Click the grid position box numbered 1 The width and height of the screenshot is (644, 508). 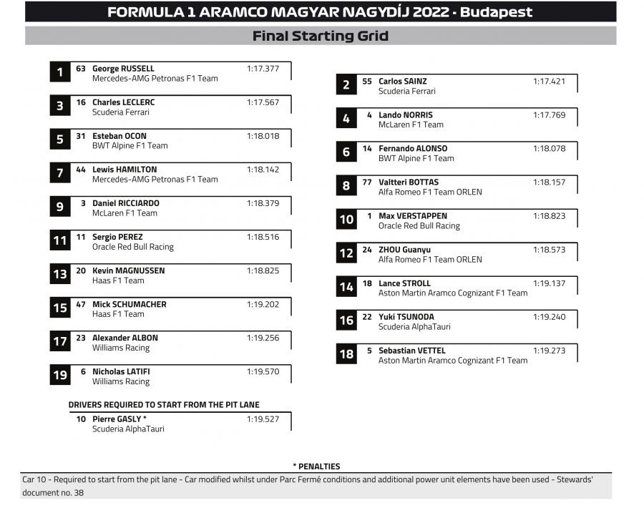tap(59, 72)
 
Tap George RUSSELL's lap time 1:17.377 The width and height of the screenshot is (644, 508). tap(263, 69)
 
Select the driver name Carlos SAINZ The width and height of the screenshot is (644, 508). tap(402, 82)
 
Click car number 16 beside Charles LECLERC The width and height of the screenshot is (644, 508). tap(81, 102)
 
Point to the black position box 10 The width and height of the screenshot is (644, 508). tap(346, 219)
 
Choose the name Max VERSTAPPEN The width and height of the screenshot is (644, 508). tap(413, 216)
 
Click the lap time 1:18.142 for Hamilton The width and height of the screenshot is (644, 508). tap(263, 170)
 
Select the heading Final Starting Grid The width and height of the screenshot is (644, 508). tap(321, 36)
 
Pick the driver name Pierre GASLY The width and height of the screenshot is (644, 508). tap(117, 419)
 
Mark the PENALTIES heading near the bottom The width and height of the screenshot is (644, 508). tap(316, 467)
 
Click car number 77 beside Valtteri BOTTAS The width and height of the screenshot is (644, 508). tap(367, 182)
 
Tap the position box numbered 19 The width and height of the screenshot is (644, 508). tap(59, 375)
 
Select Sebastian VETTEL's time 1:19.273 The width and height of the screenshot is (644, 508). tap(549, 351)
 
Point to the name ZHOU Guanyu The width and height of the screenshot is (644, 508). tap(404, 250)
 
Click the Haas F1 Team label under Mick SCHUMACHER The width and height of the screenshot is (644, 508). tap(118, 314)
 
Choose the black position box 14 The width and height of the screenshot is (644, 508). tap(346, 287)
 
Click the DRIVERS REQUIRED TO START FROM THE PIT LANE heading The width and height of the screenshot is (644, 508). tap(164, 405)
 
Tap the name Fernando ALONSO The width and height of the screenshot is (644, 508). tap(413, 149)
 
